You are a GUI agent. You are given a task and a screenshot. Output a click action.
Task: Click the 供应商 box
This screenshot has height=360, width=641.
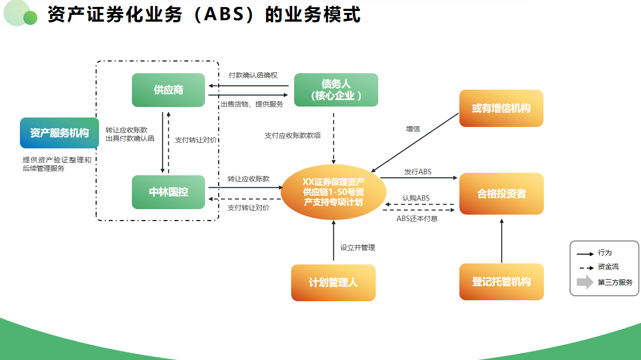tap(168, 90)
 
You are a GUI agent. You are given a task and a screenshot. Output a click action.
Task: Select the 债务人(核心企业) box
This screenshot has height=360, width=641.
tap(336, 90)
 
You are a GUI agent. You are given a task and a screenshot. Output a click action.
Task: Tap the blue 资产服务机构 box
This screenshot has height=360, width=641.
tap(59, 133)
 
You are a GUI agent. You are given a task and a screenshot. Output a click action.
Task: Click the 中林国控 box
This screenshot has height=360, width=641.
tap(168, 192)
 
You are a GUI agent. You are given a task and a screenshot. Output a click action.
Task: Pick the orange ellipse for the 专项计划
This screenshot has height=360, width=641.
tap(333, 192)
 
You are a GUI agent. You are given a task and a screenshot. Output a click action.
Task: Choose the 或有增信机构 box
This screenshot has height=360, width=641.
tap(501, 108)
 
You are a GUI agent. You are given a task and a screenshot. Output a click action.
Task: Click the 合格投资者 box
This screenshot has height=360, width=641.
tap(501, 194)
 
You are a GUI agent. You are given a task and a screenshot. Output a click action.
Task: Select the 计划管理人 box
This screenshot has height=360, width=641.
tap(333, 282)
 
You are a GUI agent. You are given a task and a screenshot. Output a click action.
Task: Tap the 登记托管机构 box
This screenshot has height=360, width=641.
tap(501, 282)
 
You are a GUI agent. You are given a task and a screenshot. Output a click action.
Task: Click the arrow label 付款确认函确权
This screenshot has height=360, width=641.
tap(253, 75)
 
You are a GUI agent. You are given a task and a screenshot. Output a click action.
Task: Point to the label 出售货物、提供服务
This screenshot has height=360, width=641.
tap(252, 104)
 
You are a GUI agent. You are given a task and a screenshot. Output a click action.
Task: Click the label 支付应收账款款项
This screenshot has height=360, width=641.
tap(293, 135)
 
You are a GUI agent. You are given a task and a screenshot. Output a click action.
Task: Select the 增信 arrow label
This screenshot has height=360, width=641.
tap(413, 129)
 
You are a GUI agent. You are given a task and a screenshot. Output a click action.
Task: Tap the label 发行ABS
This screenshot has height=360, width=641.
tap(418, 172)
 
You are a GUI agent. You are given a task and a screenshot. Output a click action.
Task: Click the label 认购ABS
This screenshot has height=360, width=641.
tap(416, 198)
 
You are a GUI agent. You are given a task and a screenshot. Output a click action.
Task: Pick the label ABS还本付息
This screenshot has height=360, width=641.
tap(417, 219)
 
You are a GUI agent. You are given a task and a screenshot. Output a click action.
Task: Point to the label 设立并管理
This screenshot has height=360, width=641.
tap(357, 247)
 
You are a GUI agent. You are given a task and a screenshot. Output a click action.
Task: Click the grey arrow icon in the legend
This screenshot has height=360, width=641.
tap(585, 282)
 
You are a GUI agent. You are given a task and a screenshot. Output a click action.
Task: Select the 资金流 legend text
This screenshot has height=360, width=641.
tap(608, 267)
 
